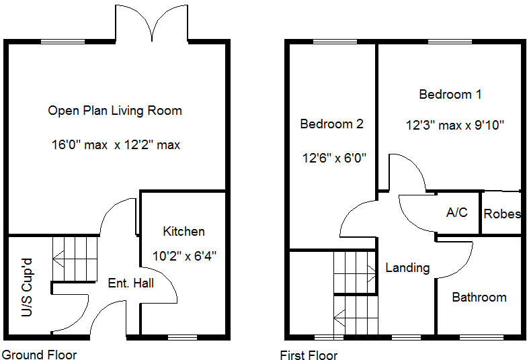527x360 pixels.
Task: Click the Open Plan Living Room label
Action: point(115,111)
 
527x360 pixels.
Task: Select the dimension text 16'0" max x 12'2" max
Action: point(116,145)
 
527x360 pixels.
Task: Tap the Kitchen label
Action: point(184,231)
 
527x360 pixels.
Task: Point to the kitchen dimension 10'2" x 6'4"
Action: point(184,257)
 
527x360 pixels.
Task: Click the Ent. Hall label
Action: point(130,283)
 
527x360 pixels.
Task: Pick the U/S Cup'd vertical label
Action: point(27,287)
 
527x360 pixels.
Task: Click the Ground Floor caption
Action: point(39,355)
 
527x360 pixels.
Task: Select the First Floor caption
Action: point(309,355)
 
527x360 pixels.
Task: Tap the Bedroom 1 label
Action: point(450,94)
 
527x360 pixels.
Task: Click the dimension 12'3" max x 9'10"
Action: point(455,125)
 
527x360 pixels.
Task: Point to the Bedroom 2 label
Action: point(332,124)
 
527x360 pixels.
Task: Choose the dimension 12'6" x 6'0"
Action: point(334,157)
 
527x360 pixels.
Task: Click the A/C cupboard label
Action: point(457,212)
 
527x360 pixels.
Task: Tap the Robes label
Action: point(502,214)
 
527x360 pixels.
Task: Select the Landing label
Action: point(407,267)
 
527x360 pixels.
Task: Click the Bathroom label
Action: point(479,297)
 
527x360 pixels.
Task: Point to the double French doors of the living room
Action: point(152,23)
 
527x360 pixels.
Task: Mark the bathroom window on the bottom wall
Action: point(481,337)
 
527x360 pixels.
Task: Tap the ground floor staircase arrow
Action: point(58,259)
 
